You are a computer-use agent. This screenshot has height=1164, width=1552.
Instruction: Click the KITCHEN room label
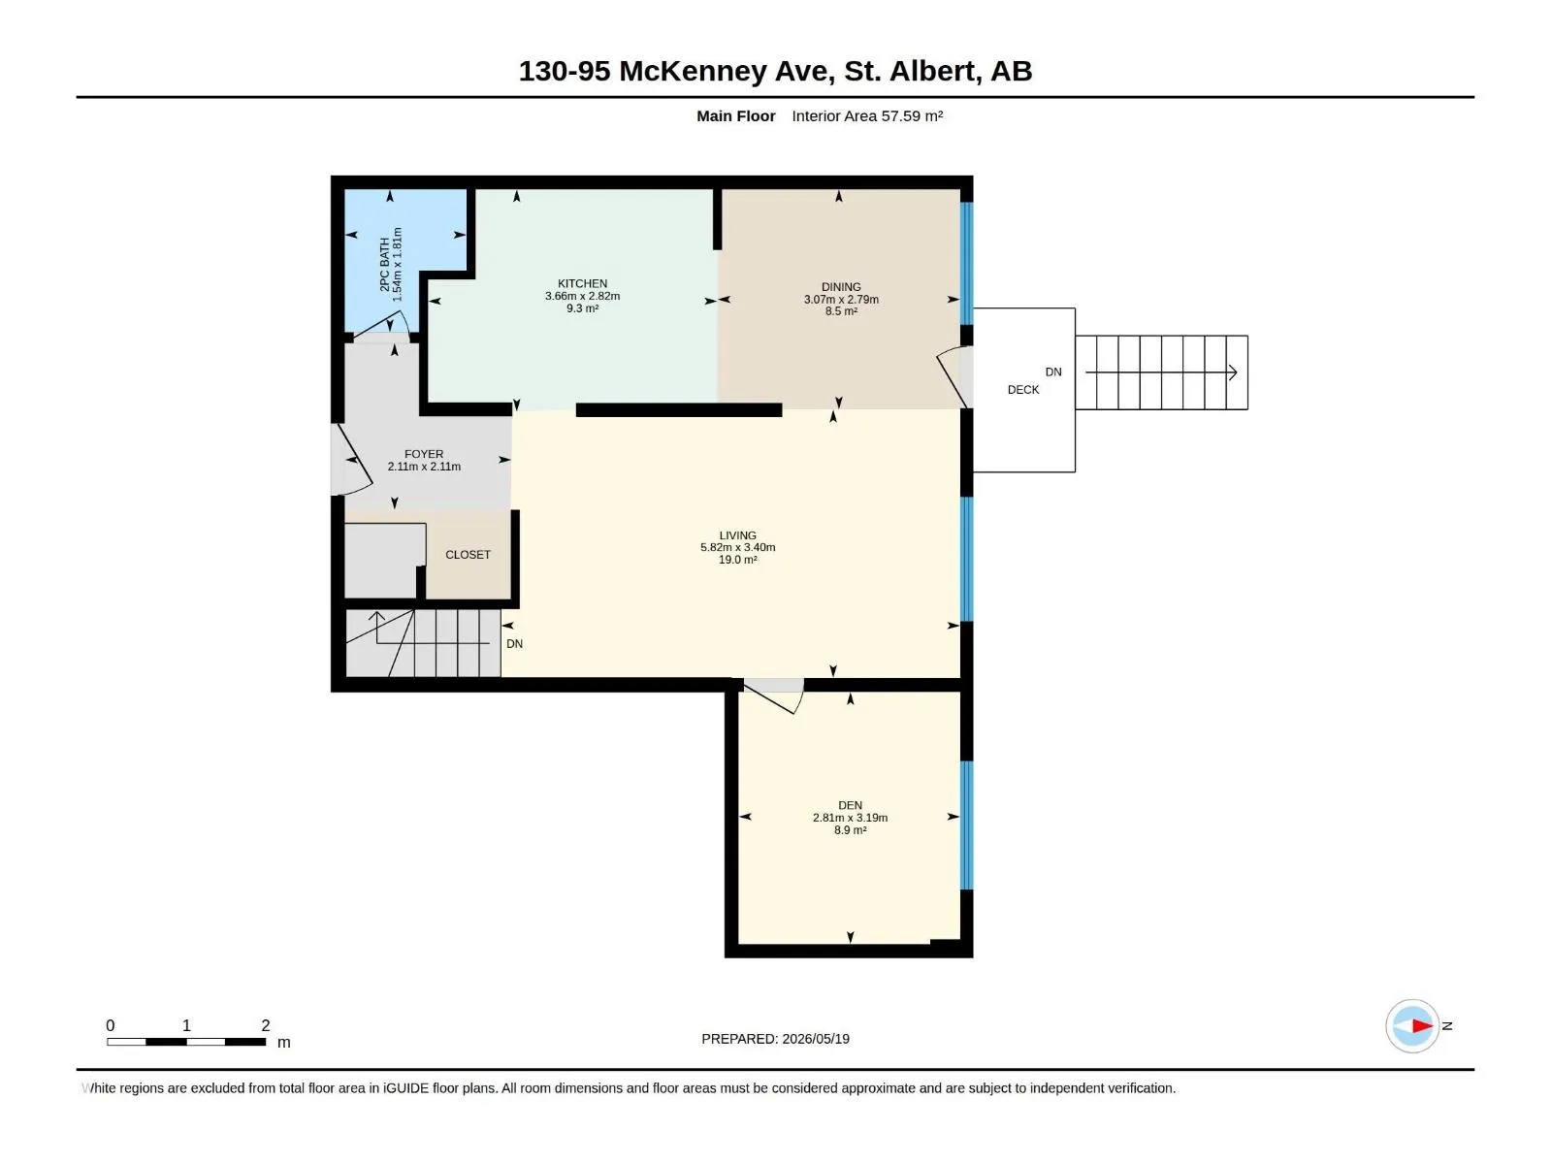[582, 283]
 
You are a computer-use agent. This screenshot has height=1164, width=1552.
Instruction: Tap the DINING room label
[841, 287]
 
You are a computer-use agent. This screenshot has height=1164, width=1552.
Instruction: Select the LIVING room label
[737, 535]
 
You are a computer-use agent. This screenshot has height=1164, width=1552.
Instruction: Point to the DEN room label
[850, 805]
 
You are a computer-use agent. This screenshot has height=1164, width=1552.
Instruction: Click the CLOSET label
[468, 555]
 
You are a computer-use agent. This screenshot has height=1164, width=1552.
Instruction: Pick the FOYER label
[424, 454]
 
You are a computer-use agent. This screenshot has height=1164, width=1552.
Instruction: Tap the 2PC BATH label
[385, 264]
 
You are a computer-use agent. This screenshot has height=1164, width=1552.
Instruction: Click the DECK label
[1022, 389]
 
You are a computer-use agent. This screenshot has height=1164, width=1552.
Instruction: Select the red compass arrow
[1421, 1025]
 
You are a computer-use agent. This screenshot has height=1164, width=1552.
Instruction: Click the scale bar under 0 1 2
[186, 1041]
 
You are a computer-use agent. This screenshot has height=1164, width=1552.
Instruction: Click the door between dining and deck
[954, 377]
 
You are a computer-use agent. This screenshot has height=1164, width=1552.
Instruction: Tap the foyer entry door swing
[352, 460]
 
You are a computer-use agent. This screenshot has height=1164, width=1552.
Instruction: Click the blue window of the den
[966, 824]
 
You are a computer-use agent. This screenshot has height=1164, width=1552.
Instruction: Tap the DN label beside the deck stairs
[1052, 372]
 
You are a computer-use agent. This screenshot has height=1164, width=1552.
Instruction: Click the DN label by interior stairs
[514, 644]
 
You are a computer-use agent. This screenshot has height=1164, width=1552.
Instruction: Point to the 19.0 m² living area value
[737, 560]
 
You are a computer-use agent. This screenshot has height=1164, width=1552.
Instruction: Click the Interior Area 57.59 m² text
[867, 115]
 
